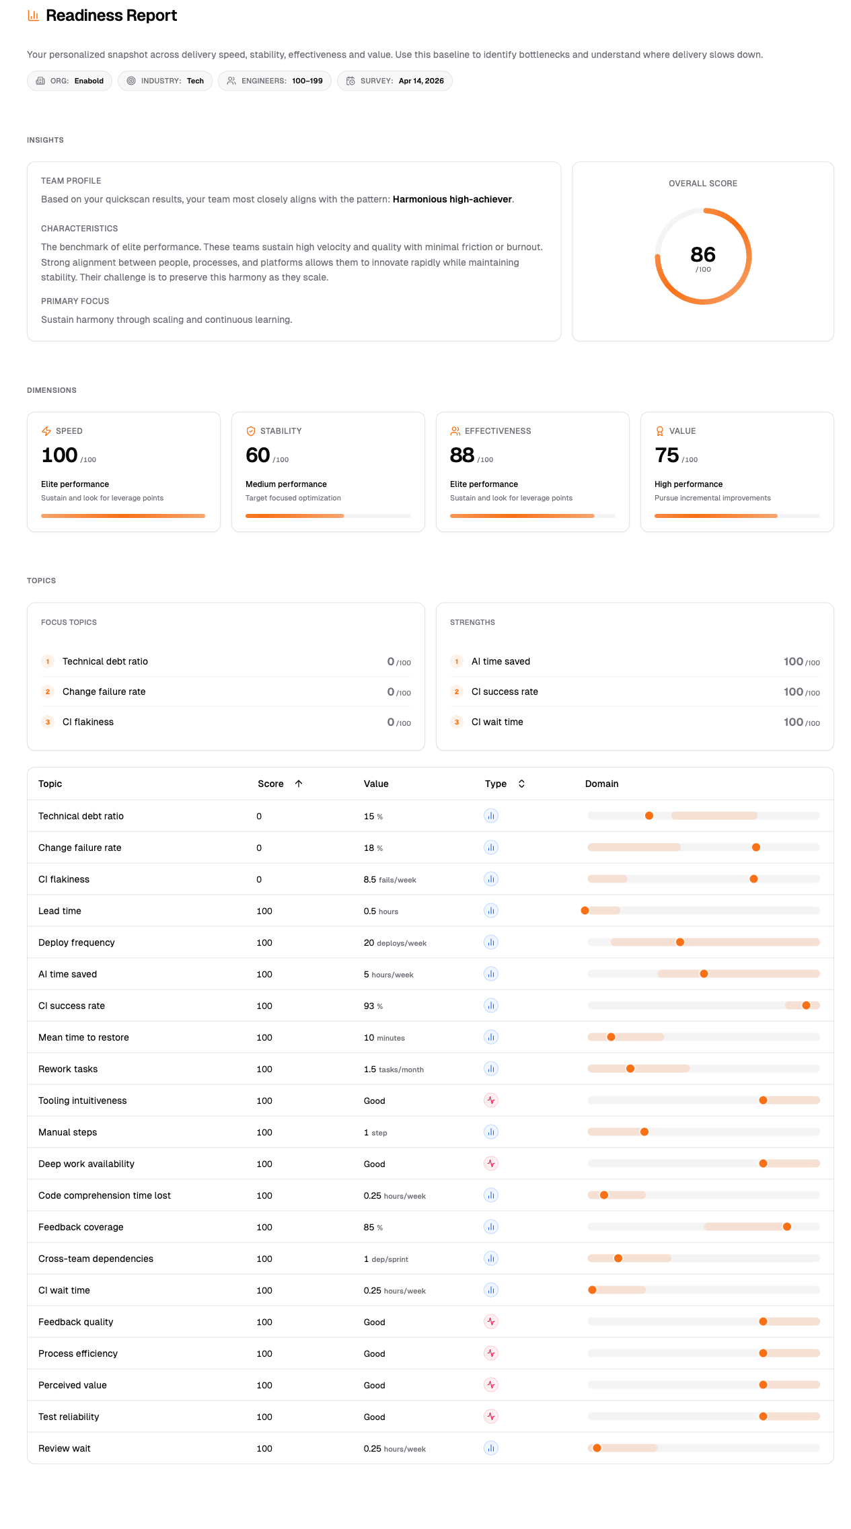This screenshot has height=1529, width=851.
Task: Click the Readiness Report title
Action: (x=111, y=15)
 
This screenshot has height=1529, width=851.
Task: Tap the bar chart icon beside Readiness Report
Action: (x=33, y=15)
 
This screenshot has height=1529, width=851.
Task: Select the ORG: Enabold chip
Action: (x=70, y=81)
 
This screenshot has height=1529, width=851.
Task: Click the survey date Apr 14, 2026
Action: (x=421, y=81)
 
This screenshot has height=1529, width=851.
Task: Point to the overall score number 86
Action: (x=702, y=254)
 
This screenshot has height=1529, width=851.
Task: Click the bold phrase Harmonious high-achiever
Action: (x=452, y=199)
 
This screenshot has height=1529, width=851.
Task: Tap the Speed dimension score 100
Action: (x=60, y=455)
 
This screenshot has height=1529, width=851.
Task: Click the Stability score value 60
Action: (x=258, y=455)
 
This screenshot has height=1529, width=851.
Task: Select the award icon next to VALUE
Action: (x=660, y=431)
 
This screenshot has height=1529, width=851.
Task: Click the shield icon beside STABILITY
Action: (x=251, y=431)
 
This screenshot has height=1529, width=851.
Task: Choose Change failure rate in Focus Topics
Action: (x=104, y=692)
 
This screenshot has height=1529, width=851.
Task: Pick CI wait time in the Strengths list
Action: (x=497, y=722)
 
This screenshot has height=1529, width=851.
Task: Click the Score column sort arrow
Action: (x=299, y=784)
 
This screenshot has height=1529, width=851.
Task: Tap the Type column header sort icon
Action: (x=521, y=784)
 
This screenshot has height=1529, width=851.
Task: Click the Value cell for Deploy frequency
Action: (x=395, y=942)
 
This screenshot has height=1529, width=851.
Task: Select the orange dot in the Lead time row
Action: (x=585, y=911)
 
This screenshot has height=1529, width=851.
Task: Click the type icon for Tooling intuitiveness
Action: (x=491, y=1101)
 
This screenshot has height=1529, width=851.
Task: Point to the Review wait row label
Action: (x=65, y=1448)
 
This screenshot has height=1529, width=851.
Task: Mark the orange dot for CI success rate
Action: (x=806, y=1006)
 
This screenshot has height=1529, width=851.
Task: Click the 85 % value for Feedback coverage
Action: (x=373, y=1227)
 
